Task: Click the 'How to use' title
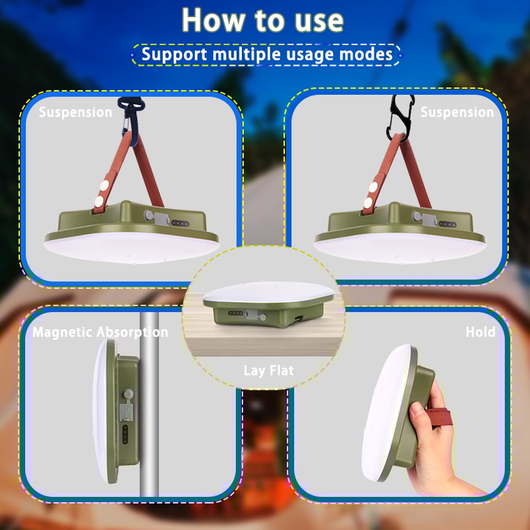(x=263, y=20)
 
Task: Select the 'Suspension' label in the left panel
(x=76, y=112)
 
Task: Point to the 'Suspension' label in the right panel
(x=457, y=112)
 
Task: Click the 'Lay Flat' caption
(x=268, y=370)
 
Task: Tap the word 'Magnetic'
(x=62, y=332)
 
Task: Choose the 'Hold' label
(x=480, y=332)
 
